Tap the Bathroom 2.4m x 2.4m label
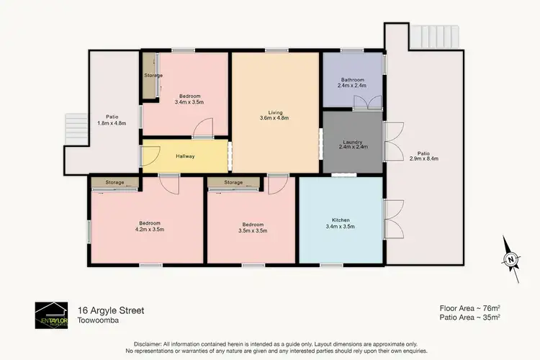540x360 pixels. (351, 82)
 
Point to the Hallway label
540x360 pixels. (185, 156)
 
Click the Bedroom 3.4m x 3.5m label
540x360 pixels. (189, 99)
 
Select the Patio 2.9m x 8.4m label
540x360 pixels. (424, 156)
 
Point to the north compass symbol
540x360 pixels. (510, 258)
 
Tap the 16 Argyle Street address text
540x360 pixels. (111, 310)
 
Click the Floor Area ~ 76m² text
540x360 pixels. (470, 308)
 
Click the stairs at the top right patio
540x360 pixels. (434, 35)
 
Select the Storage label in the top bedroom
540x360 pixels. (153, 76)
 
